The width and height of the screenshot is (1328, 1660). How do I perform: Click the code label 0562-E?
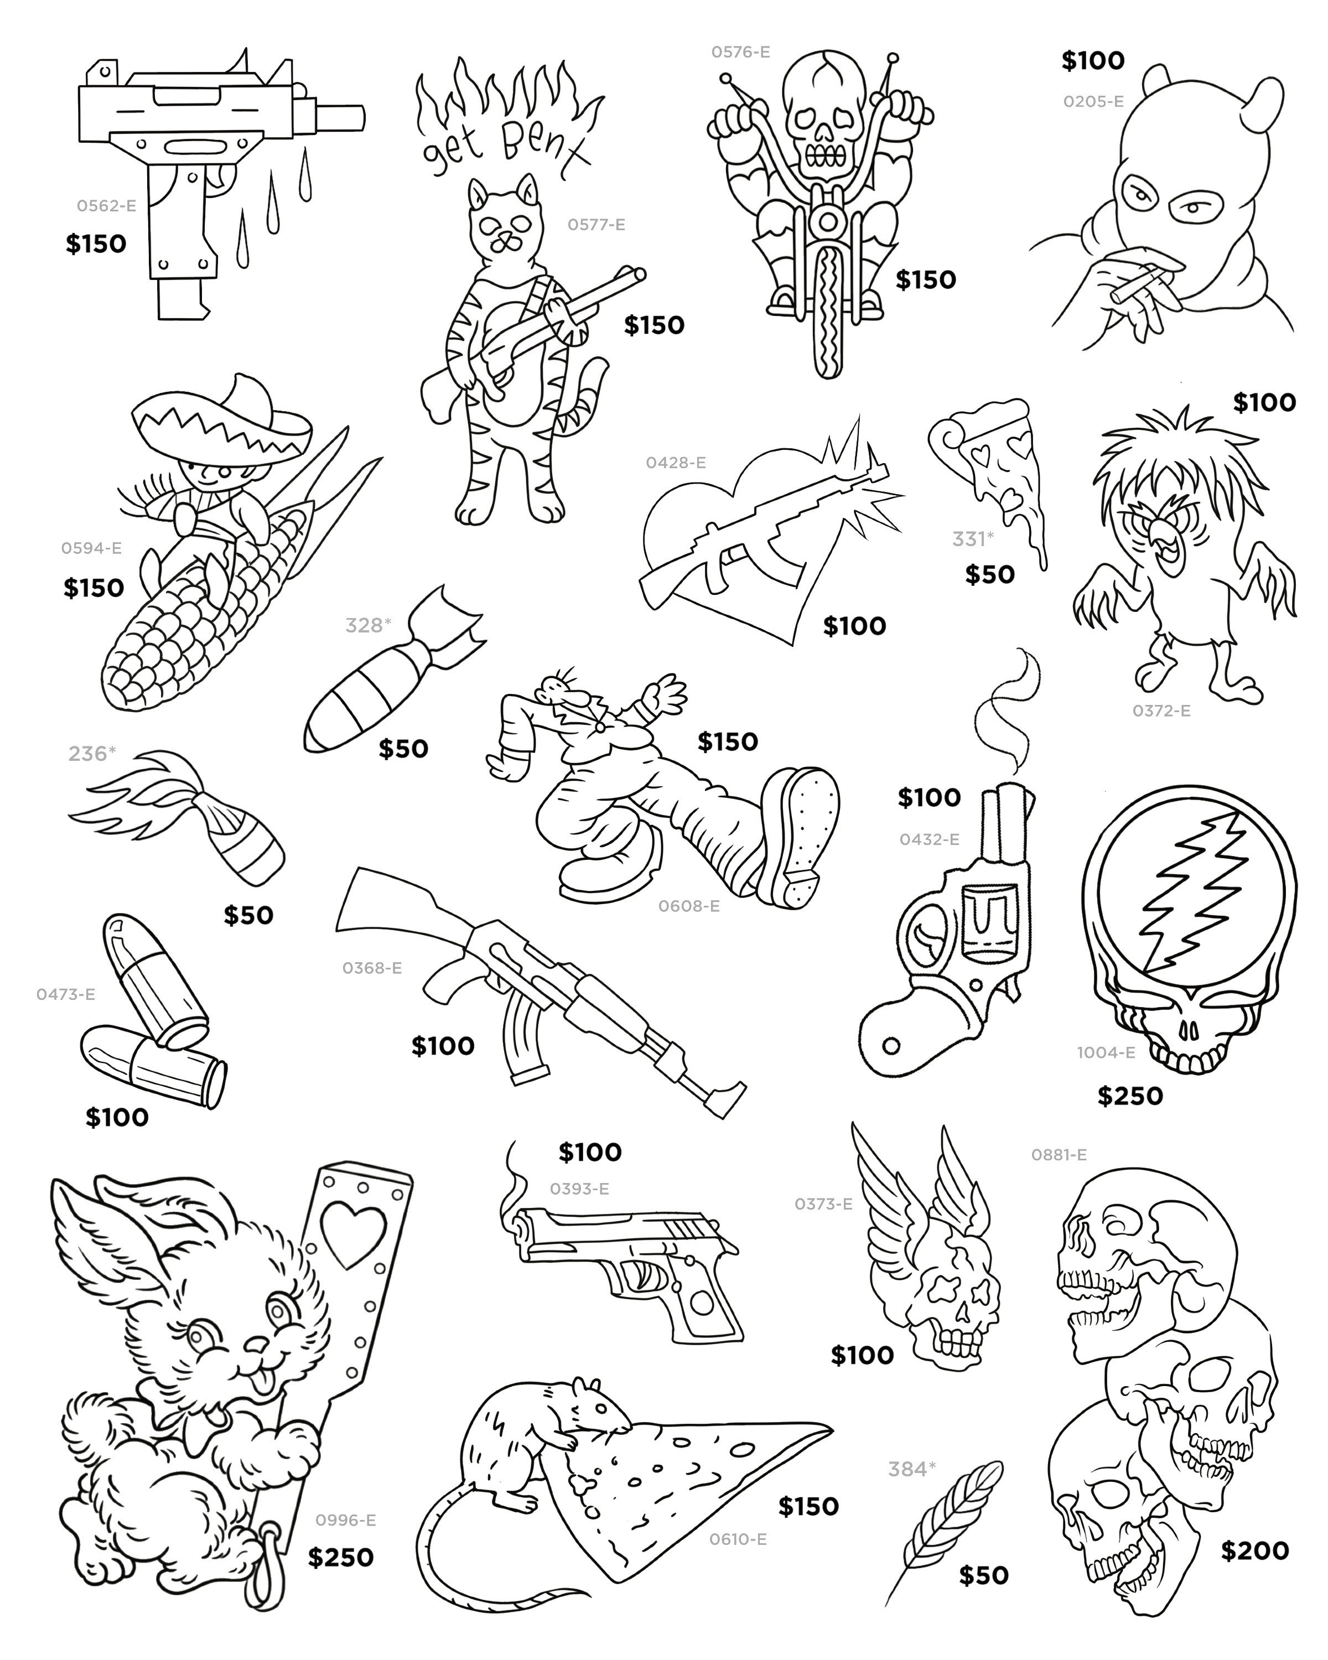click(x=106, y=206)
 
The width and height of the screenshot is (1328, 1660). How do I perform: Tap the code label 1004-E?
click(x=1106, y=1052)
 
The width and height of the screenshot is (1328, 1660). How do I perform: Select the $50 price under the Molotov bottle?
click(x=248, y=915)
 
